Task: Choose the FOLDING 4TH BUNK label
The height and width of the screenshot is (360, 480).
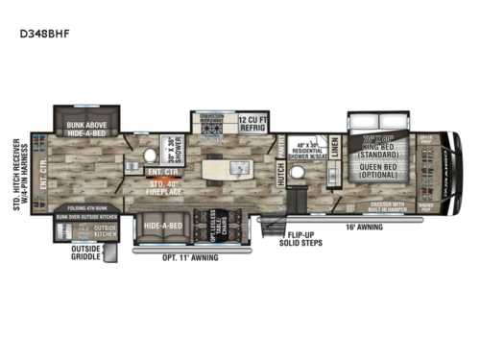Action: point(87,207)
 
